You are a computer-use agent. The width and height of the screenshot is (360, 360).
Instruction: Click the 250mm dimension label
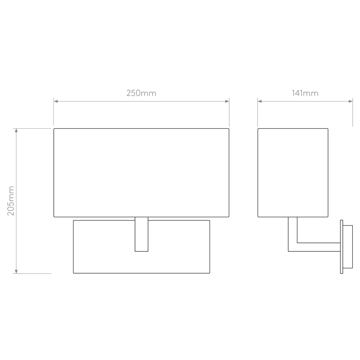point(141,93)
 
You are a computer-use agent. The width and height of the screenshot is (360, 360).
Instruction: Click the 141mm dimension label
point(305,93)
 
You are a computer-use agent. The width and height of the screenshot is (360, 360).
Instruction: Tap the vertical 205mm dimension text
point(11,201)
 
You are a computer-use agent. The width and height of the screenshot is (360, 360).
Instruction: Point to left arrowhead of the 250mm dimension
point(56,101)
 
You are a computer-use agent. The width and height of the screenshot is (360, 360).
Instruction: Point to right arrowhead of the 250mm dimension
point(227,101)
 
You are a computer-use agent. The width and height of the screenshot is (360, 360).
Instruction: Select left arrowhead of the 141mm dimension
point(260,101)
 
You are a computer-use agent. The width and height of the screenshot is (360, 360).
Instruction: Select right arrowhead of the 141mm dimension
point(351,101)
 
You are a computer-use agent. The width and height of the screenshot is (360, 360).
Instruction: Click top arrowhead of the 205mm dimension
point(16,130)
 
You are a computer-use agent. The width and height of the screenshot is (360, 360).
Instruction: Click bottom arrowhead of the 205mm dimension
point(16,271)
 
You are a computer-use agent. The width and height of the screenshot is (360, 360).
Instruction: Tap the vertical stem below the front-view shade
point(141,234)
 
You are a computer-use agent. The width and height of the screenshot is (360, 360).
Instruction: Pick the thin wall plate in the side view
point(342,247)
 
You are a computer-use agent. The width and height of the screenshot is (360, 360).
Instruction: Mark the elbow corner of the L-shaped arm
point(288,251)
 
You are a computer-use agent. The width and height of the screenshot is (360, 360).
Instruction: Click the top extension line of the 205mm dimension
point(32,128)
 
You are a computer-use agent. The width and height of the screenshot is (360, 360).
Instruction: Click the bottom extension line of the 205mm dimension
point(32,274)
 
